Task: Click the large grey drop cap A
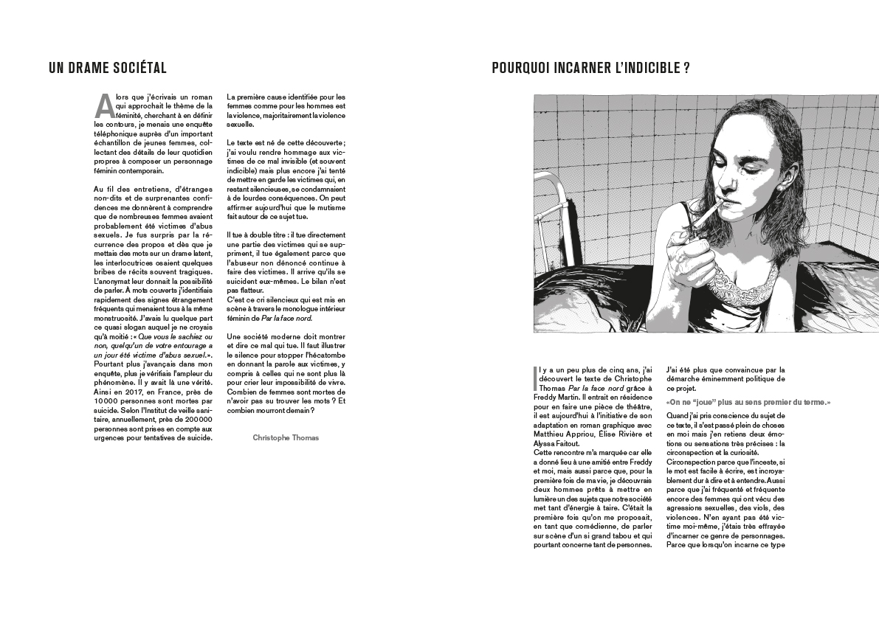(103, 105)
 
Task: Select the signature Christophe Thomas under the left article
(286, 437)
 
